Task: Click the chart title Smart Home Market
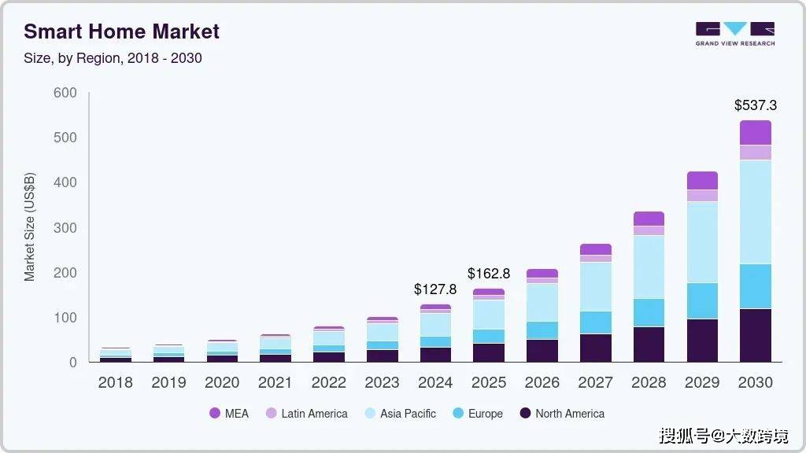tap(121, 31)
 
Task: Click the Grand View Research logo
tap(734, 34)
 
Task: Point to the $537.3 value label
tap(755, 105)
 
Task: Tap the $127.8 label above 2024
tap(435, 289)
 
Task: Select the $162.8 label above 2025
tap(489, 274)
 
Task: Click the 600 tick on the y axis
tap(65, 93)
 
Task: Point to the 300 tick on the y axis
tap(65, 228)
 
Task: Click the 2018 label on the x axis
tap(115, 383)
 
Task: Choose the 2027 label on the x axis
tap(595, 383)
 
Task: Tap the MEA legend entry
tap(229, 414)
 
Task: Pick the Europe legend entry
tap(477, 414)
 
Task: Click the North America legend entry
tap(562, 414)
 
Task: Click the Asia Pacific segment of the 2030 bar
tap(755, 212)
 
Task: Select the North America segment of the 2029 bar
tap(702, 340)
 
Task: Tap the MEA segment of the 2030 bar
tap(755, 132)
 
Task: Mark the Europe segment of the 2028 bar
tap(649, 312)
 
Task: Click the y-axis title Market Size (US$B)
tap(30, 227)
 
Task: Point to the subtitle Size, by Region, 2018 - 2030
tap(113, 58)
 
